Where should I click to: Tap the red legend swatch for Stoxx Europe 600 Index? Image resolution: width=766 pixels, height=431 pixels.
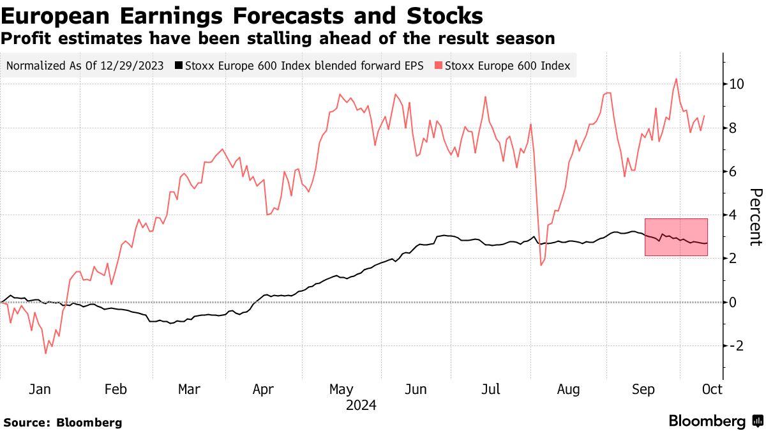click(438, 65)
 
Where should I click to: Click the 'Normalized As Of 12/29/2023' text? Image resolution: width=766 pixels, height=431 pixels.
click(84, 65)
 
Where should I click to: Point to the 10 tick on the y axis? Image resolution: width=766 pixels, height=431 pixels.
click(737, 84)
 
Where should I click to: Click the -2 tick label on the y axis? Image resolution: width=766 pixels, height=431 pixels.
click(735, 345)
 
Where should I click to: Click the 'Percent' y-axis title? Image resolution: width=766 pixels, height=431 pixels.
click(755, 217)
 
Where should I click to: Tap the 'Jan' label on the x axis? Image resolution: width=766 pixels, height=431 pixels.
click(40, 389)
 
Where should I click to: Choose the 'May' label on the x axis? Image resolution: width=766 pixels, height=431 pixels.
click(342, 389)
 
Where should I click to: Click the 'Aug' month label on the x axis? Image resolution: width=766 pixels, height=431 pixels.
click(568, 389)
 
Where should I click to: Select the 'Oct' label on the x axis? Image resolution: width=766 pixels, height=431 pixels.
click(712, 389)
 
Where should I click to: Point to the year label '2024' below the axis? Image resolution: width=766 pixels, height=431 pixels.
click(361, 405)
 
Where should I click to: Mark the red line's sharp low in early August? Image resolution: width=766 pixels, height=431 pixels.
click(541, 265)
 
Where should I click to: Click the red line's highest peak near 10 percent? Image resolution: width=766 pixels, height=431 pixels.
click(675, 79)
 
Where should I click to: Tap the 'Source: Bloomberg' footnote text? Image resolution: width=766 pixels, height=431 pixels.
click(63, 422)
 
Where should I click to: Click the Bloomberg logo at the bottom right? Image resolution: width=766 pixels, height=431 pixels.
click(715, 421)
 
